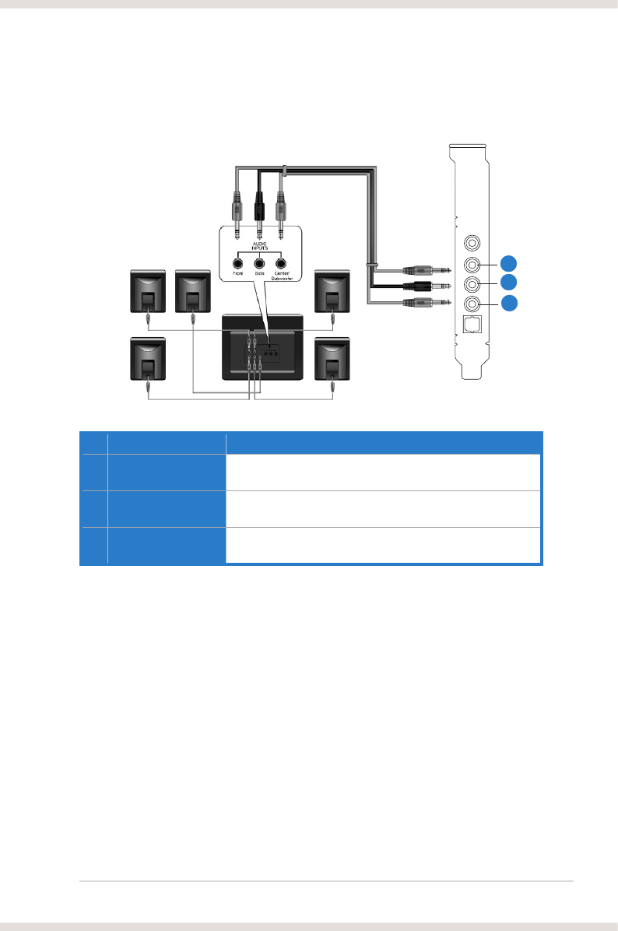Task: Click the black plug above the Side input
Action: click(259, 206)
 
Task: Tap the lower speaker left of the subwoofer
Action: click(147, 359)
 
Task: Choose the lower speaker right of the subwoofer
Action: click(332, 359)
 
